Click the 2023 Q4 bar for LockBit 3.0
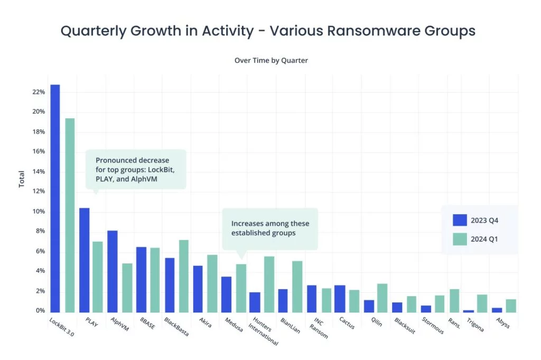click(x=55, y=198)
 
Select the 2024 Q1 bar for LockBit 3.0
click(x=70, y=215)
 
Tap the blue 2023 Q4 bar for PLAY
click(x=84, y=260)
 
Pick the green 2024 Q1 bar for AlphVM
click(x=127, y=288)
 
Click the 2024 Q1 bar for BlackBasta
click(x=184, y=276)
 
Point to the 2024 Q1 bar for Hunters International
click(x=269, y=284)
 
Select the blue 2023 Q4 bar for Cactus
click(x=340, y=299)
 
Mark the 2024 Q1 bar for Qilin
click(x=383, y=298)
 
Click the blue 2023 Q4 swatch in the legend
click(x=460, y=220)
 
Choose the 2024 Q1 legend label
click(x=484, y=239)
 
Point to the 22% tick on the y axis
click(x=39, y=92)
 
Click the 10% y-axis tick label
click(x=39, y=211)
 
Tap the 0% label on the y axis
click(x=40, y=310)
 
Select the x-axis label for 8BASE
click(x=148, y=323)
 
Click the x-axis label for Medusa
click(x=234, y=325)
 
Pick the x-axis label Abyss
click(x=503, y=322)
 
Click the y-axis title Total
click(x=21, y=179)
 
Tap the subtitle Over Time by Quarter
click(x=271, y=60)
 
